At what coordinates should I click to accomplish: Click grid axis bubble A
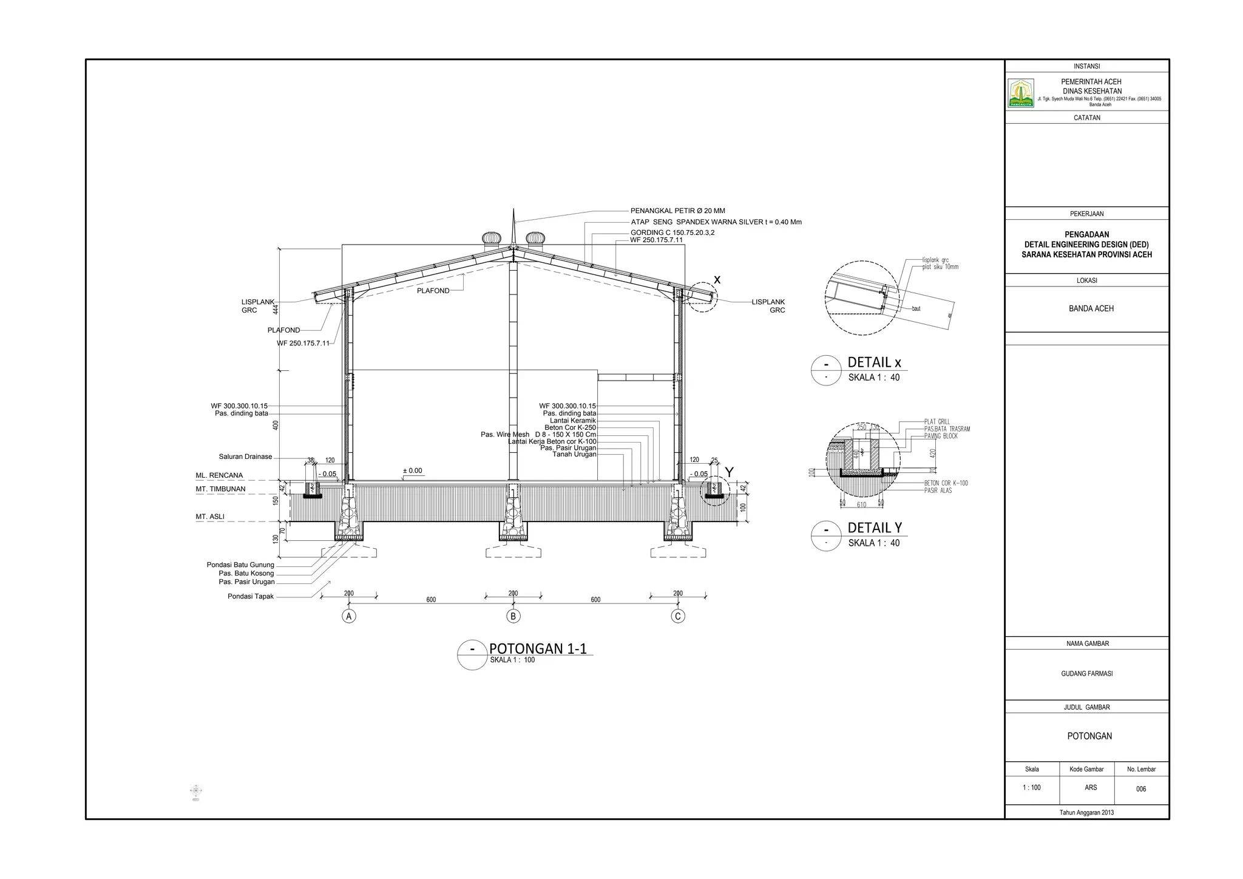click(x=348, y=616)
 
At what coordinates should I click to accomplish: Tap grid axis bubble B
click(x=513, y=616)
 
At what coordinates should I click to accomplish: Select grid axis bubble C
click(x=678, y=616)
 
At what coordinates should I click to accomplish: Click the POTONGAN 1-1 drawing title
click(x=538, y=648)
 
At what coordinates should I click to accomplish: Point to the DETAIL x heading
click(x=874, y=362)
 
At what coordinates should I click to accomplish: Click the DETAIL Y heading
click(x=875, y=528)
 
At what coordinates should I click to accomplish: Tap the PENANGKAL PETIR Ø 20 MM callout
click(x=677, y=211)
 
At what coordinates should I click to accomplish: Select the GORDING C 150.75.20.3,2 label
click(x=672, y=232)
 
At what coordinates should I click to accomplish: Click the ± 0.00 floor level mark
click(x=413, y=471)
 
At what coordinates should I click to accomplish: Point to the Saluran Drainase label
click(x=245, y=456)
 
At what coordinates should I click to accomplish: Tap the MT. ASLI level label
click(x=210, y=517)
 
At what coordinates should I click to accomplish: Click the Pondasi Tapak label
click(x=251, y=596)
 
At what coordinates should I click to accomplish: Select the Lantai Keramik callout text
click(x=573, y=420)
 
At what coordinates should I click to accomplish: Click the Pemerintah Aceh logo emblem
click(x=1021, y=93)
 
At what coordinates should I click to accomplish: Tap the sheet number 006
click(x=1141, y=789)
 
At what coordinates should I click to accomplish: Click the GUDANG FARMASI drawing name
click(x=1086, y=674)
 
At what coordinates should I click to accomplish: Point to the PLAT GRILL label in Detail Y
click(x=937, y=421)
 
